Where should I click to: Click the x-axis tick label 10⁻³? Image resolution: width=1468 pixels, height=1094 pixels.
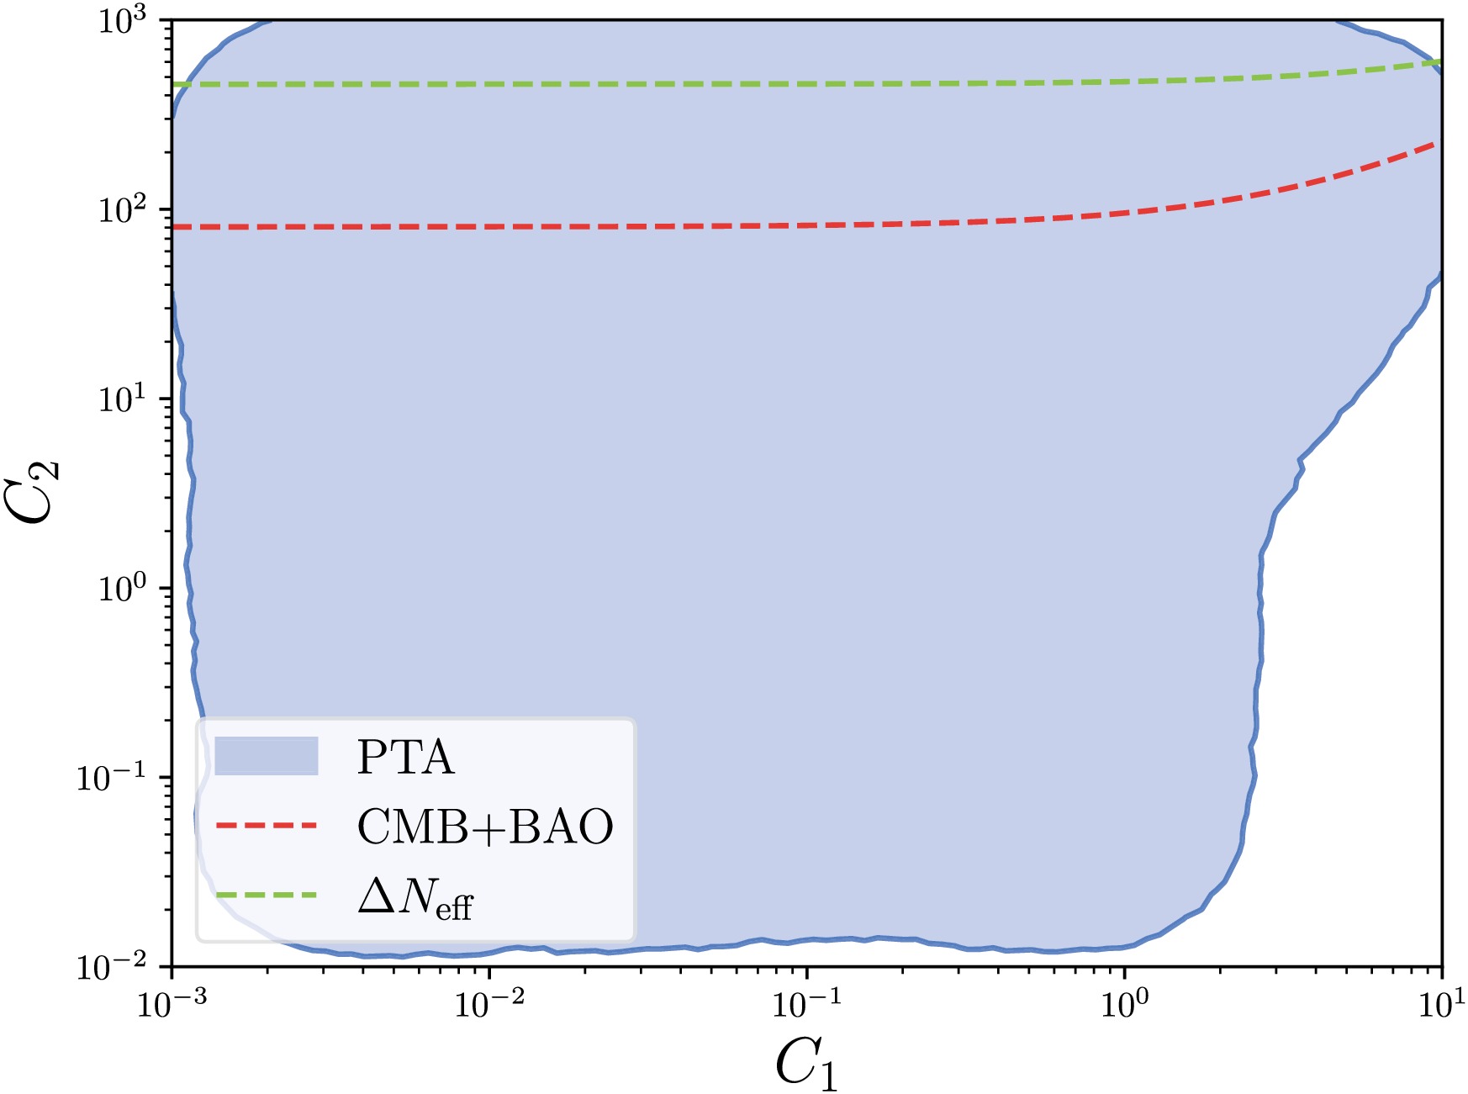coord(172,1004)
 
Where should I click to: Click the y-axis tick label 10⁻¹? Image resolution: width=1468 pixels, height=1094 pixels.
coord(118,777)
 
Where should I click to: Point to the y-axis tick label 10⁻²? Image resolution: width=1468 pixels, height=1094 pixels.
coord(118,966)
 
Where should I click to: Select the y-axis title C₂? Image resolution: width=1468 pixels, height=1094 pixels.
coord(37,492)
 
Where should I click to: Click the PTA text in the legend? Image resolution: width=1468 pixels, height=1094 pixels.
coord(405,757)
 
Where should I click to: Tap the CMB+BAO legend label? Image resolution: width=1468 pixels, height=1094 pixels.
coord(485,827)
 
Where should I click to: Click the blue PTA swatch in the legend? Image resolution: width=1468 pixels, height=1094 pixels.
coord(266,755)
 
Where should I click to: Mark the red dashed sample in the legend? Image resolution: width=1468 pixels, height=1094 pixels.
coord(266,826)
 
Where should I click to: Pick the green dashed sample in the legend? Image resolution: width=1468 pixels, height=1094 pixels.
coord(266,895)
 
